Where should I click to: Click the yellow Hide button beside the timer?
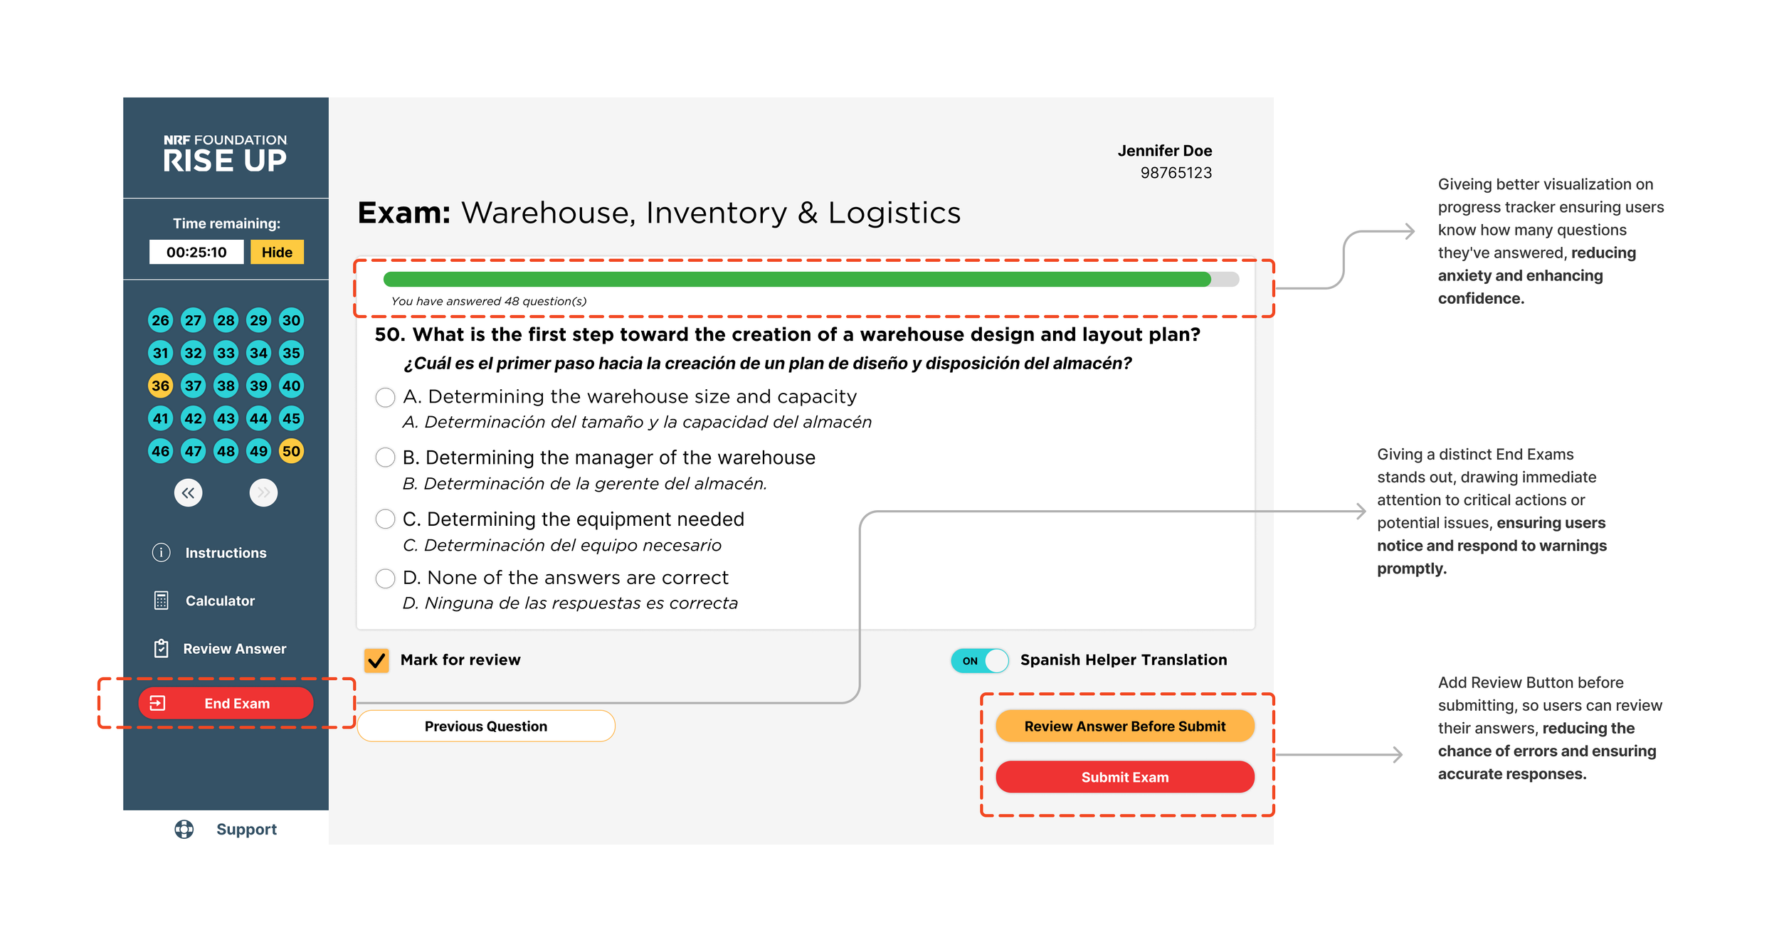coord(277,252)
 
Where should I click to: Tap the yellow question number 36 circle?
coord(160,386)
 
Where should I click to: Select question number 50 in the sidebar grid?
coord(291,451)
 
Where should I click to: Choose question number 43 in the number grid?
coord(226,418)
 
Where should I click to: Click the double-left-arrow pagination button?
coord(188,492)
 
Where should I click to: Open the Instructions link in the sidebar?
coord(225,553)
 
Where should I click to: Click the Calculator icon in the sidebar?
coord(162,600)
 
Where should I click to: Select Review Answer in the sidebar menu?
coord(233,649)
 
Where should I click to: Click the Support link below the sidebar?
coord(246,830)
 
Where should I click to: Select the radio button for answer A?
coord(385,397)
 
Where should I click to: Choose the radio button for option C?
coord(385,519)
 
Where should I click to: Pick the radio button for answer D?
coord(385,578)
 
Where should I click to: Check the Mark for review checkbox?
coord(376,660)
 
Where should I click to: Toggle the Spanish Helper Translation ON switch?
coord(979,660)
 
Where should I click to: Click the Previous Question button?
coord(485,726)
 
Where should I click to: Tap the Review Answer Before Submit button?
coord(1124,726)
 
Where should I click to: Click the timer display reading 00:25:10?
coord(196,252)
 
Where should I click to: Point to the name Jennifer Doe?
coord(1164,151)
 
